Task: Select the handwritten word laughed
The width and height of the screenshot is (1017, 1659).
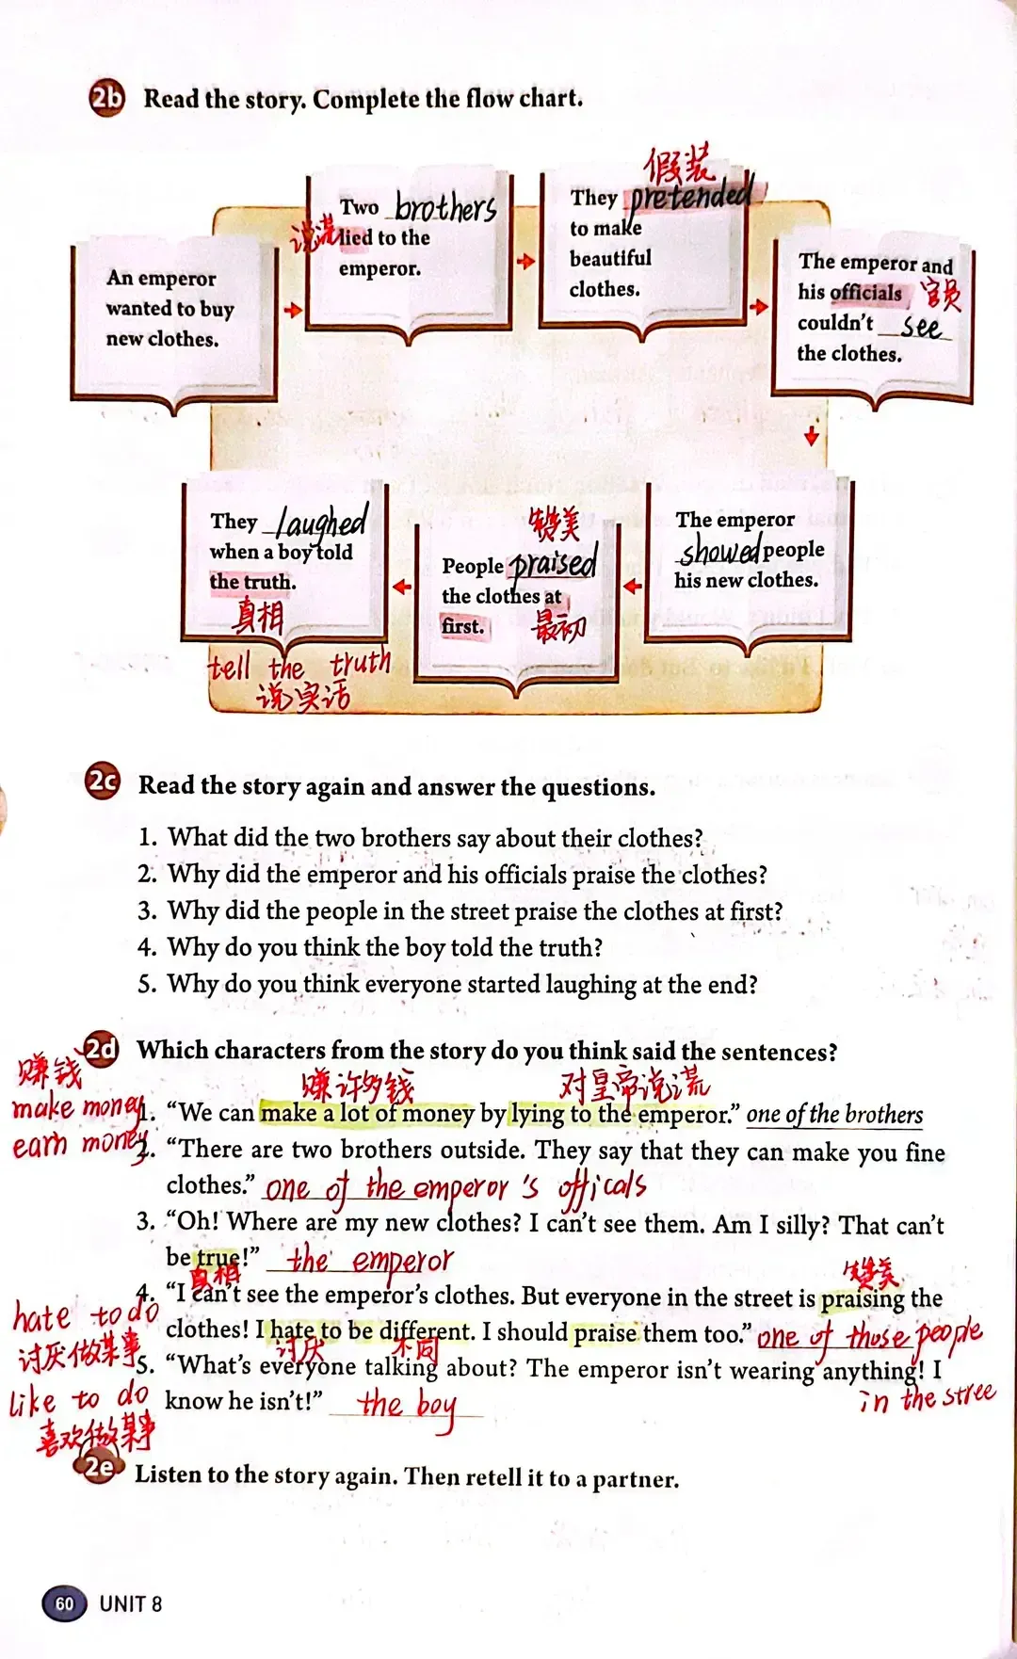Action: (322, 521)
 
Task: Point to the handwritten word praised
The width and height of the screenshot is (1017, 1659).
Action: (553, 563)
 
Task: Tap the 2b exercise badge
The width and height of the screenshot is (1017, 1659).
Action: (107, 98)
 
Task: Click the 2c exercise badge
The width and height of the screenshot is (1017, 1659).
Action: (103, 781)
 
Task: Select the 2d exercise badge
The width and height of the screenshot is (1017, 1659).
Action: (101, 1049)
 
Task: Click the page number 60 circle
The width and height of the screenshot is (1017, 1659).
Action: (64, 1603)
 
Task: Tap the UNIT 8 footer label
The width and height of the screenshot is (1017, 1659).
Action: (131, 1603)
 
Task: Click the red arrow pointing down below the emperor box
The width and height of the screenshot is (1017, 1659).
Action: (812, 436)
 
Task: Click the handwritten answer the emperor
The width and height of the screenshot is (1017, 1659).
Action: (370, 1259)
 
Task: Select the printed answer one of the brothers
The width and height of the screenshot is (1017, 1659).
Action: (834, 1115)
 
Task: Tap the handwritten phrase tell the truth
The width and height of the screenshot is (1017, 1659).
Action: (299, 666)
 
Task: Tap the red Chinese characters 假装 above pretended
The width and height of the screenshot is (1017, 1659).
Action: (678, 166)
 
